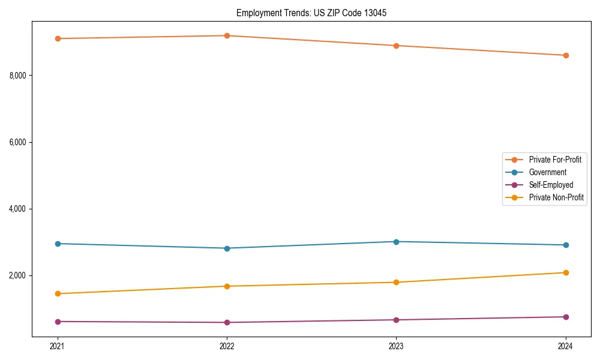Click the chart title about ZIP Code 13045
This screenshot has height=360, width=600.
(307, 13)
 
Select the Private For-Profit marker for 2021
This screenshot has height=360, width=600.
(58, 38)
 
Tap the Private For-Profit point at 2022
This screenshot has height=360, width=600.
(227, 35)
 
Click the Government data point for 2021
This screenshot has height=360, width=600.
(58, 244)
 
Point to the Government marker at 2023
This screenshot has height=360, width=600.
(396, 242)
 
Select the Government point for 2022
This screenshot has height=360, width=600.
(227, 248)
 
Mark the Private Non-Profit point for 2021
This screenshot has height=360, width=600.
(58, 293)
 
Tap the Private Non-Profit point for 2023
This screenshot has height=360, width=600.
(396, 282)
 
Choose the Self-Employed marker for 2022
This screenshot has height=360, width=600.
(227, 322)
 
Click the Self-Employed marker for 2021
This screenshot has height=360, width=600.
(58, 322)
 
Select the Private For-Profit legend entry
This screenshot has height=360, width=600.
(554, 160)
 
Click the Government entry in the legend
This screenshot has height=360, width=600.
(547, 172)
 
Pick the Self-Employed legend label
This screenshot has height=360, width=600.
(551, 185)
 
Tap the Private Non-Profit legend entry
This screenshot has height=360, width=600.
(556, 197)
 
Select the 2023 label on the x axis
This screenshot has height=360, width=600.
(396, 346)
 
